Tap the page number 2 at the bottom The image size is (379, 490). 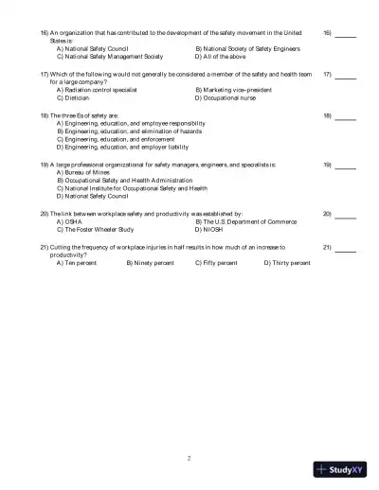[x=189, y=457]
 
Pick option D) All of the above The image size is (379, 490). [x=221, y=56]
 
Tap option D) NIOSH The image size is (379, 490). [x=211, y=229]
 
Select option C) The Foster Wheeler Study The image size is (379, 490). [x=99, y=229]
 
